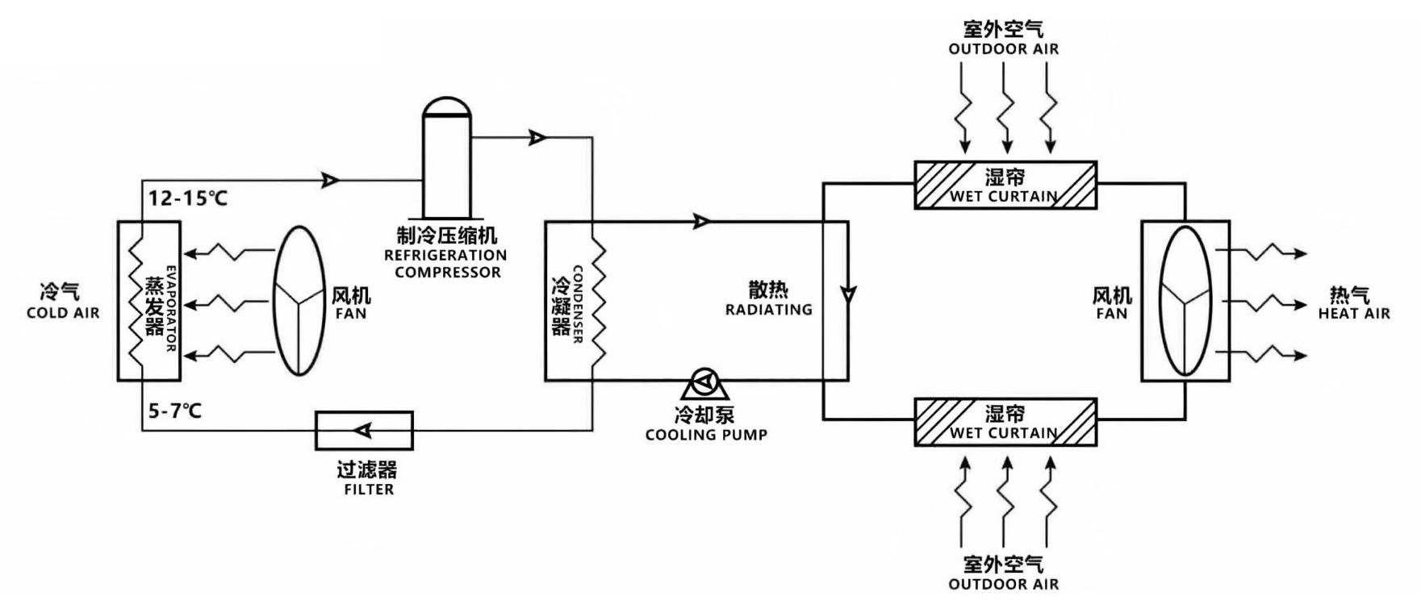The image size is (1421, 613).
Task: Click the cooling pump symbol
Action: (x=705, y=385)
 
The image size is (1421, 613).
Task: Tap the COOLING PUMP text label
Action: (x=706, y=435)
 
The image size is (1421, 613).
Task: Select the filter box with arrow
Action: (x=364, y=430)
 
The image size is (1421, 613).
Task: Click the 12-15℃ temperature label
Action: (x=187, y=198)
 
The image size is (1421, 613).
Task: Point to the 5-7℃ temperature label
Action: (x=174, y=411)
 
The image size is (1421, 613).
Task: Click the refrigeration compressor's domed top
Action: (x=446, y=107)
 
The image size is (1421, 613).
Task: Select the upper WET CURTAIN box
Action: (x=1005, y=186)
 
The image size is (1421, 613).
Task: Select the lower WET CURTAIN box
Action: (x=1005, y=422)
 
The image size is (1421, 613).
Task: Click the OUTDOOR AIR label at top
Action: (x=1003, y=48)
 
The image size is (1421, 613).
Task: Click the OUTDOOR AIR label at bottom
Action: (x=1003, y=584)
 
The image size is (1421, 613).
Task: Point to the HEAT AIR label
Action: (x=1354, y=314)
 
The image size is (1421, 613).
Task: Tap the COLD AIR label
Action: (x=63, y=313)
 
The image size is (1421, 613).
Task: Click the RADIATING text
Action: (x=768, y=310)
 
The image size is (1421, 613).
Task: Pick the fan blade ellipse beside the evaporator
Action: (x=299, y=300)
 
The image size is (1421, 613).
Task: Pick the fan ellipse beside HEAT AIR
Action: (x=1185, y=300)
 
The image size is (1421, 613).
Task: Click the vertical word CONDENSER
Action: (x=577, y=304)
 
